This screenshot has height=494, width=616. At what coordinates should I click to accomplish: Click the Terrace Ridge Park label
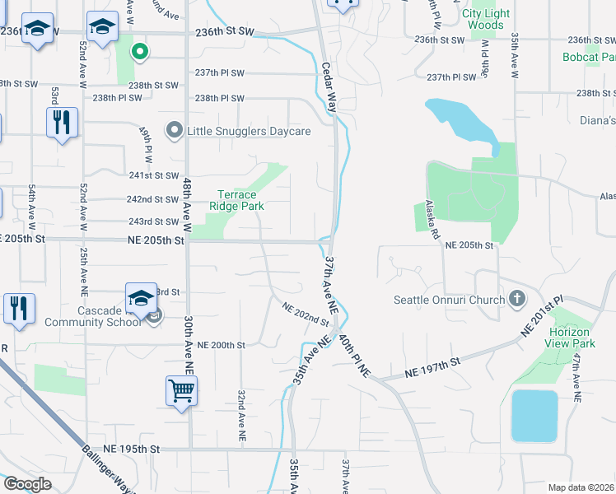tap(236, 200)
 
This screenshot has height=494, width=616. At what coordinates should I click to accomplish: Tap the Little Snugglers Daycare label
tap(249, 131)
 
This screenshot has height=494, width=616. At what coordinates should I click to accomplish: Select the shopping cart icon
tap(181, 390)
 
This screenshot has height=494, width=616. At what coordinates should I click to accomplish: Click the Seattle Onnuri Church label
tap(449, 300)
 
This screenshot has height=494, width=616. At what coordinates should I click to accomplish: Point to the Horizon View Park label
tap(572, 338)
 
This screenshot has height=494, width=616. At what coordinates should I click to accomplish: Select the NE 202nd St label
tap(306, 314)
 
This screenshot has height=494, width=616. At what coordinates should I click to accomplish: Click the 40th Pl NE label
tap(354, 356)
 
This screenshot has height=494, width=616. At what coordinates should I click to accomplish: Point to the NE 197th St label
tap(431, 367)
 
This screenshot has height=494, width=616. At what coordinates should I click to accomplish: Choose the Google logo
tap(26, 484)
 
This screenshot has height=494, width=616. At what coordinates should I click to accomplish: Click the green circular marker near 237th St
tap(140, 52)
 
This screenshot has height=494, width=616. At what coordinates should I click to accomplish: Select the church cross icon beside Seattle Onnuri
tap(517, 298)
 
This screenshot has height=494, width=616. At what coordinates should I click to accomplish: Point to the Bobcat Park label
tap(589, 58)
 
